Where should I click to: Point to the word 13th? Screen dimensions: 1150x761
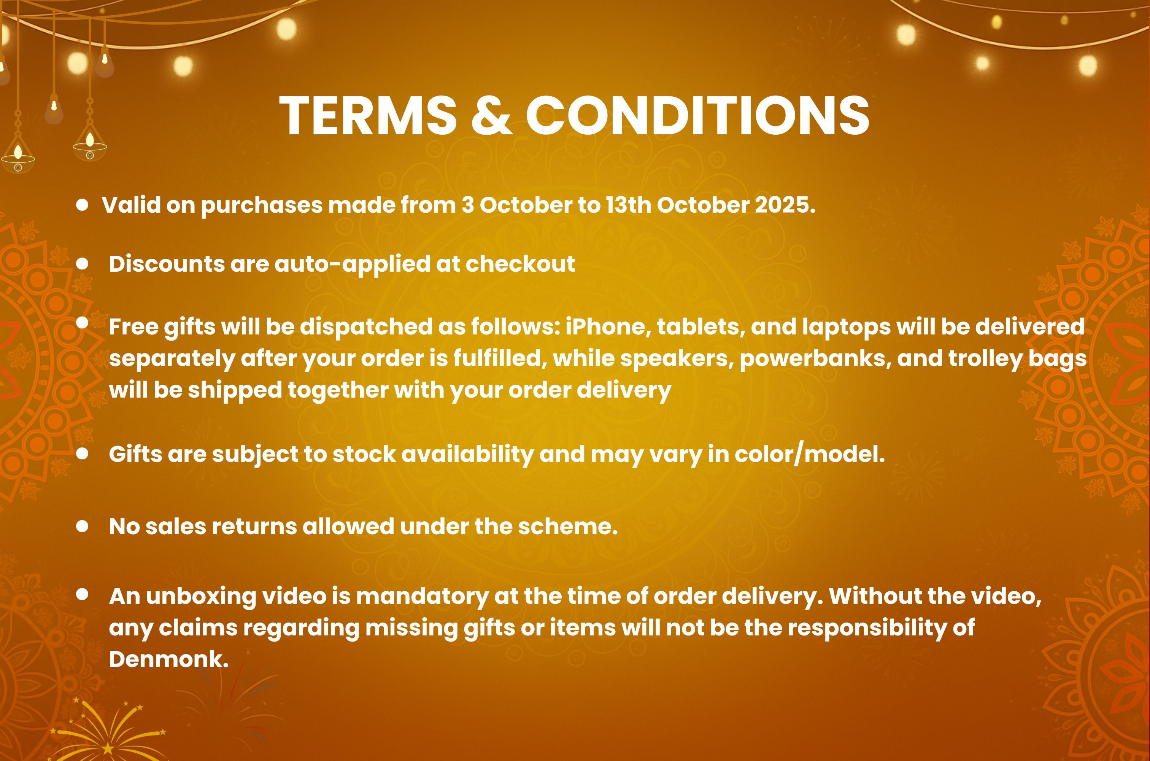(x=628, y=205)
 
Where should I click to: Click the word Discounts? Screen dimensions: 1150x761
(x=166, y=264)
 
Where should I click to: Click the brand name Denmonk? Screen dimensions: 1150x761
(x=169, y=659)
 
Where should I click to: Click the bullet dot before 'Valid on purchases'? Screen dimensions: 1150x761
(x=83, y=205)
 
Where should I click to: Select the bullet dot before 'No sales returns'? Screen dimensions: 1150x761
(x=83, y=526)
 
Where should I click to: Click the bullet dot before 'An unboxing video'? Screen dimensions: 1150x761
(x=83, y=594)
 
